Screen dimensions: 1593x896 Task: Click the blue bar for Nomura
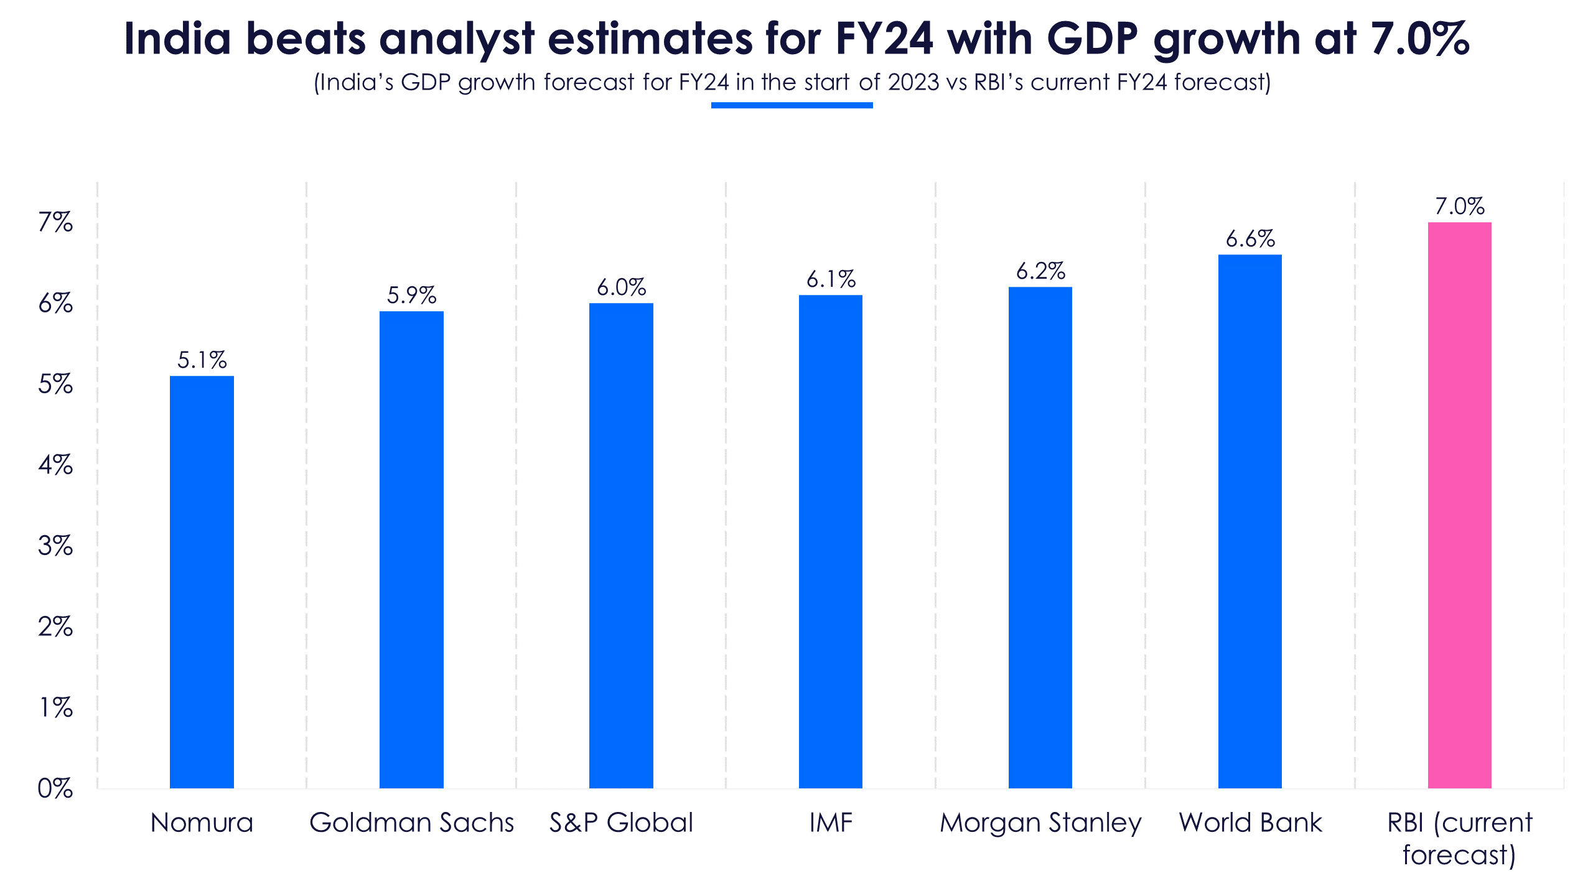[x=202, y=582]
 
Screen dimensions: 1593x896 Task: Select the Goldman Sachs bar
[x=411, y=549]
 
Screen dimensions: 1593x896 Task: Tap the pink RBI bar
[x=1459, y=505]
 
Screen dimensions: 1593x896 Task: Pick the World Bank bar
[x=1250, y=521]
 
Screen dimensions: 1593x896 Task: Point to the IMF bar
[x=831, y=541]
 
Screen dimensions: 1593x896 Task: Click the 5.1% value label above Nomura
[x=202, y=360]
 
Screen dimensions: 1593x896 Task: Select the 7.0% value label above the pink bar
[x=1460, y=206]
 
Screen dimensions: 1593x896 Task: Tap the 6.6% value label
[x=1250, y=238]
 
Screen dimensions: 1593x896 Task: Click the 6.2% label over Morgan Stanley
[x=1040, y=271]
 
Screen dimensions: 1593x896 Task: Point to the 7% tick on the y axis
[x=55, y=222]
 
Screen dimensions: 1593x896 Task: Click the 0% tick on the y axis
[x=55, y=788]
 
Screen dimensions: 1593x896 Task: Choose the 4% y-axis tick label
[x=55, y=465]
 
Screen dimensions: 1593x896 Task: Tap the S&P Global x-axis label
[x=621, y=823]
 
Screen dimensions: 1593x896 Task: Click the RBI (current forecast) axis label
[x=1460, y=839]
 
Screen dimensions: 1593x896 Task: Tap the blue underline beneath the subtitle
[x=792, y=105]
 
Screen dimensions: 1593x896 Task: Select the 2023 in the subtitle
[x=913, y=82]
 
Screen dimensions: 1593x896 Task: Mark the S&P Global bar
[x=621, y=546]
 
